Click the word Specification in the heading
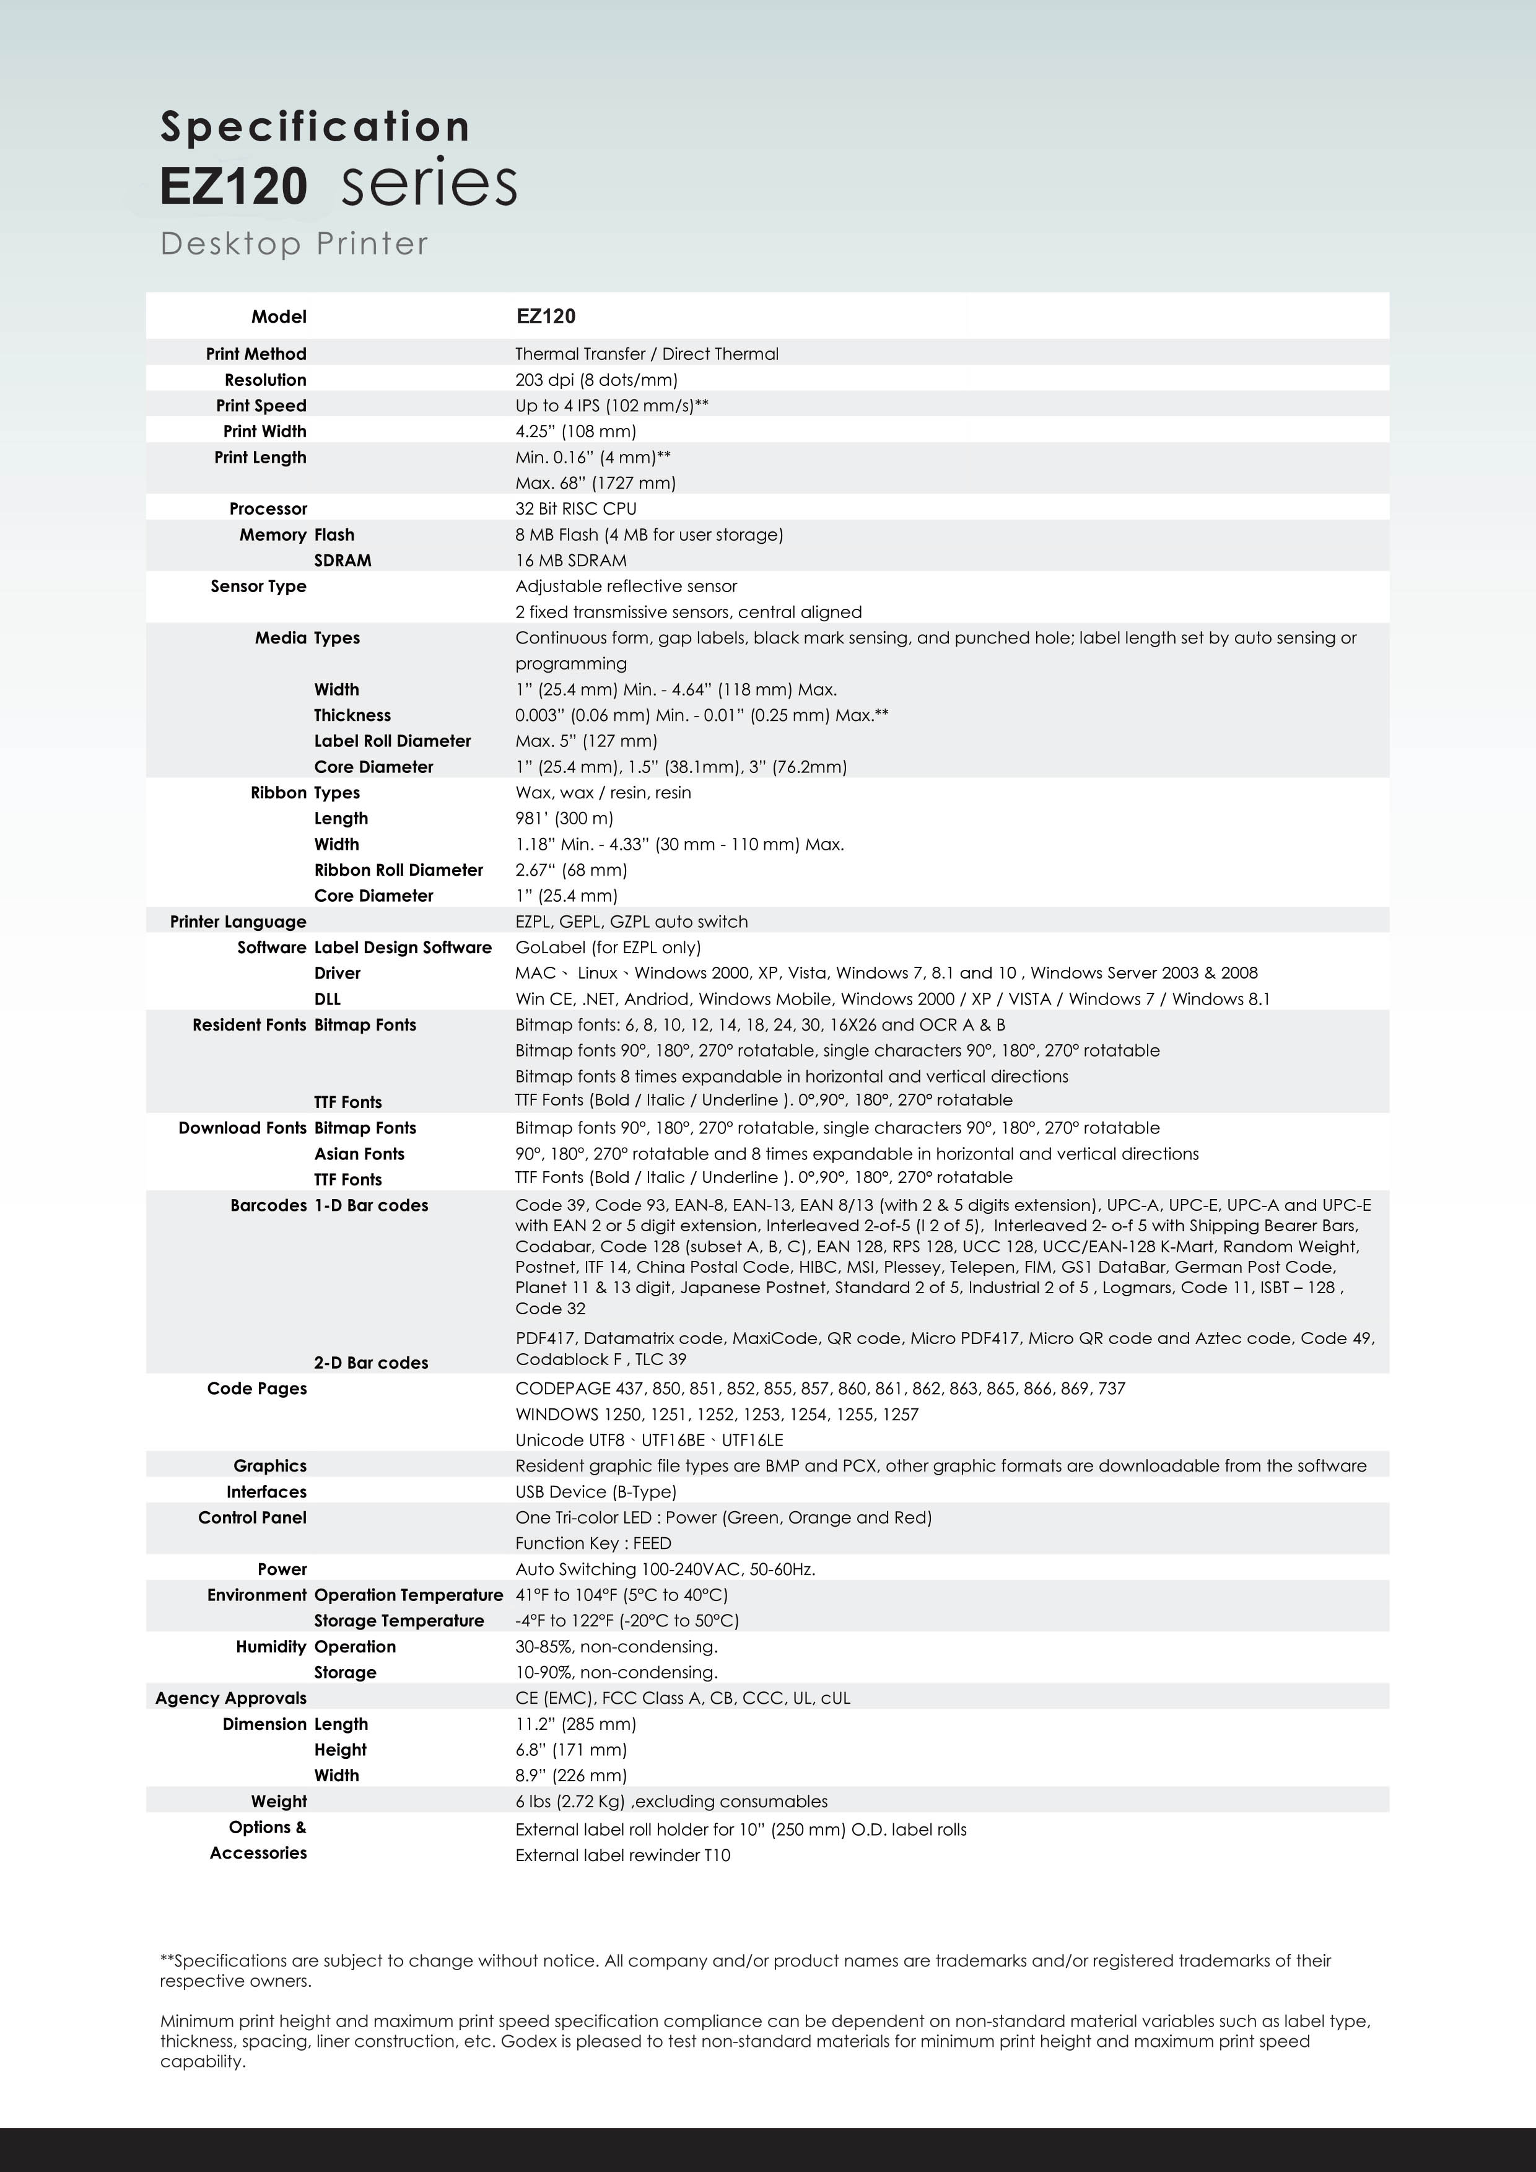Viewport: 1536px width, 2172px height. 315,127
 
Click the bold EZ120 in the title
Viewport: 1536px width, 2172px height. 233,185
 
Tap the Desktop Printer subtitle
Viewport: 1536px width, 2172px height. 294,244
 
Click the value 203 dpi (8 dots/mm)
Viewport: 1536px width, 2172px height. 596,380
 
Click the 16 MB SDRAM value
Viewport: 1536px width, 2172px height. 570,560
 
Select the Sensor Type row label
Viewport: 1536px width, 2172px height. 258,587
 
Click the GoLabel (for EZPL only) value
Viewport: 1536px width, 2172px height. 607,947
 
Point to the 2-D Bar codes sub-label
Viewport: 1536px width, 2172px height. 371,1363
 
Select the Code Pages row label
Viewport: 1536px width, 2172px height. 256,1389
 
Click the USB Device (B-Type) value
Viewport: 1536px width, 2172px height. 595,1492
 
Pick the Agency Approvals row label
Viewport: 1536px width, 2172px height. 231,1698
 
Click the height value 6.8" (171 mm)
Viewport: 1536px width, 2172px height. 570,1750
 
